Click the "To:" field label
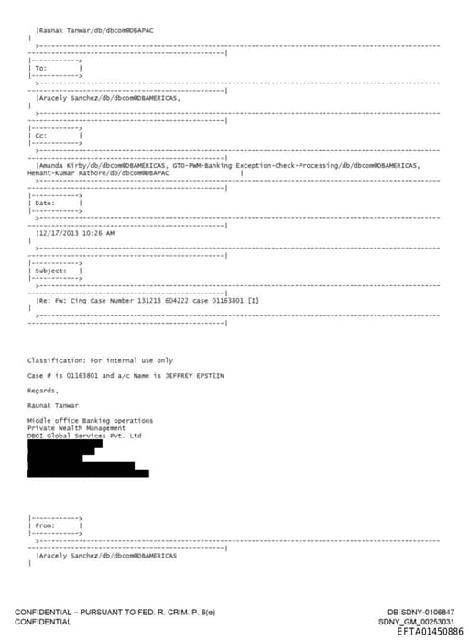click(40, 68)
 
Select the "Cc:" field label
click(40, 136)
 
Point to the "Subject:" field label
click(50, 271)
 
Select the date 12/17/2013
click(57, 233)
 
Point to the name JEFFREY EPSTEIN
click(194, 376)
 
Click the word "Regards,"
click(43, 391)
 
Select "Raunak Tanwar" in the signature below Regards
click(51, 405)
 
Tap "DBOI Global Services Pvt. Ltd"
click(84, 436)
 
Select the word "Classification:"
click(53, 360)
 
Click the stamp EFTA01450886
click(430, 632)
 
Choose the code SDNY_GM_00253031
click(421, 622)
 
